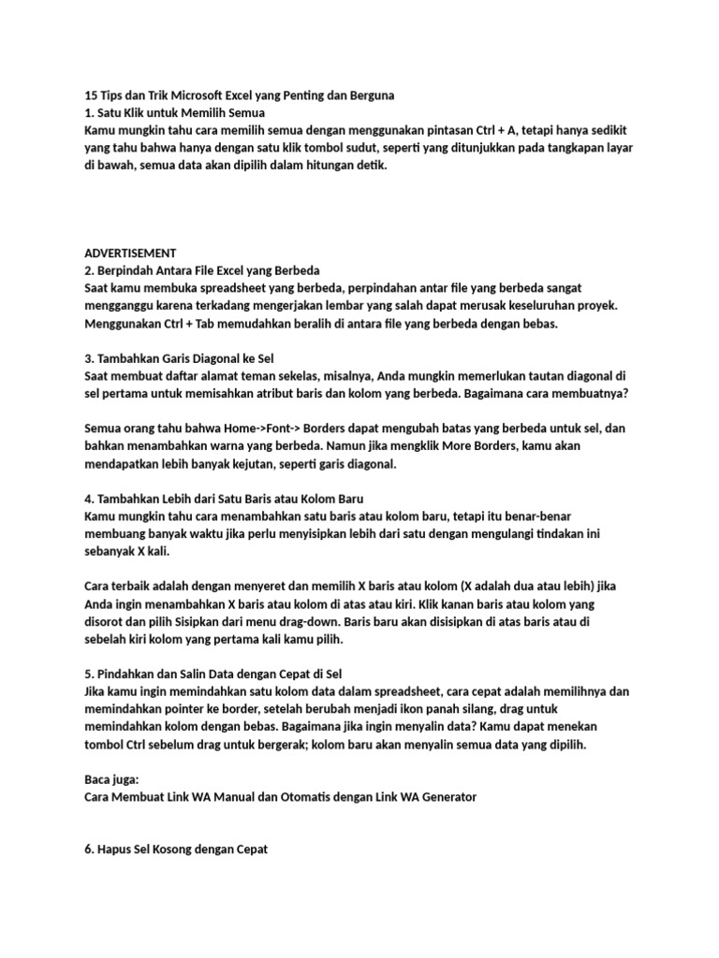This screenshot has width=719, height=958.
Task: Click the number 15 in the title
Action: [91, 94]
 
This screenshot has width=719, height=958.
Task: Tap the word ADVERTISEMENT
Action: [129, 253]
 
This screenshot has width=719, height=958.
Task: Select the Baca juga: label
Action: [110, 779]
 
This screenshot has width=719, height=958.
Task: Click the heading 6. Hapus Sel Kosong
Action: [176, 850]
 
